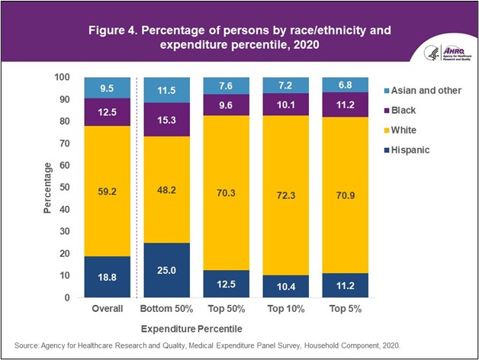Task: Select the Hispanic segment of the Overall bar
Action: tap(108, 276)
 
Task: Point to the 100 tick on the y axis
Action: tap(63, 78)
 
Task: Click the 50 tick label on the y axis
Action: tap(66, 188)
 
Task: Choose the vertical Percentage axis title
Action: tap(48, 188)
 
